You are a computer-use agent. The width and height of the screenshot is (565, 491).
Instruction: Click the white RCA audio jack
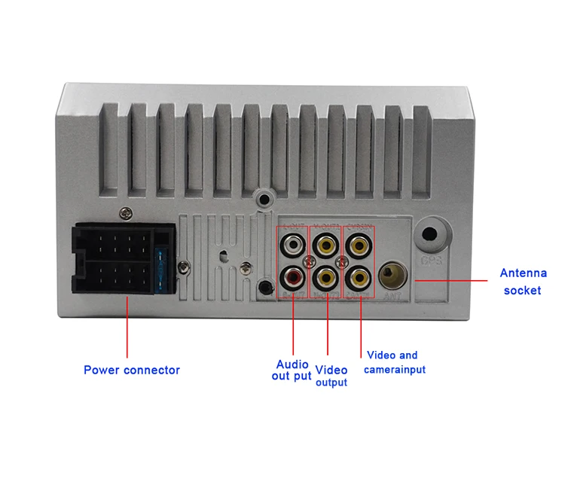(292, 245)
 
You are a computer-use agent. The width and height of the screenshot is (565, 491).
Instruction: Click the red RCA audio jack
(292, 278)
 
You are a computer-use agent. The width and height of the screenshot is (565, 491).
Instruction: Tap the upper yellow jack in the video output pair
(326, 245)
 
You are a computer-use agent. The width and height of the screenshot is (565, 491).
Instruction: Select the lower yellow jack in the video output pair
(326, 278)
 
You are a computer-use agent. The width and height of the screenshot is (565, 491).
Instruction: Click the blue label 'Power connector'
(132, 370)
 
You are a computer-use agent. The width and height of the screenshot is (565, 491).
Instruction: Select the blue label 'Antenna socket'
(524, 282)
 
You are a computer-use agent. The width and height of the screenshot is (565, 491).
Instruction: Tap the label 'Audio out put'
(292, 371)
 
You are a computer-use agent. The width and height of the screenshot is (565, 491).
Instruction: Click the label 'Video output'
(331, 376)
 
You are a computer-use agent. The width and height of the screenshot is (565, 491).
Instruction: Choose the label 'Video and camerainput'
(395, 362)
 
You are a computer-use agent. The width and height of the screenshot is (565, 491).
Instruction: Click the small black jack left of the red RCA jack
(263, 286)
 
